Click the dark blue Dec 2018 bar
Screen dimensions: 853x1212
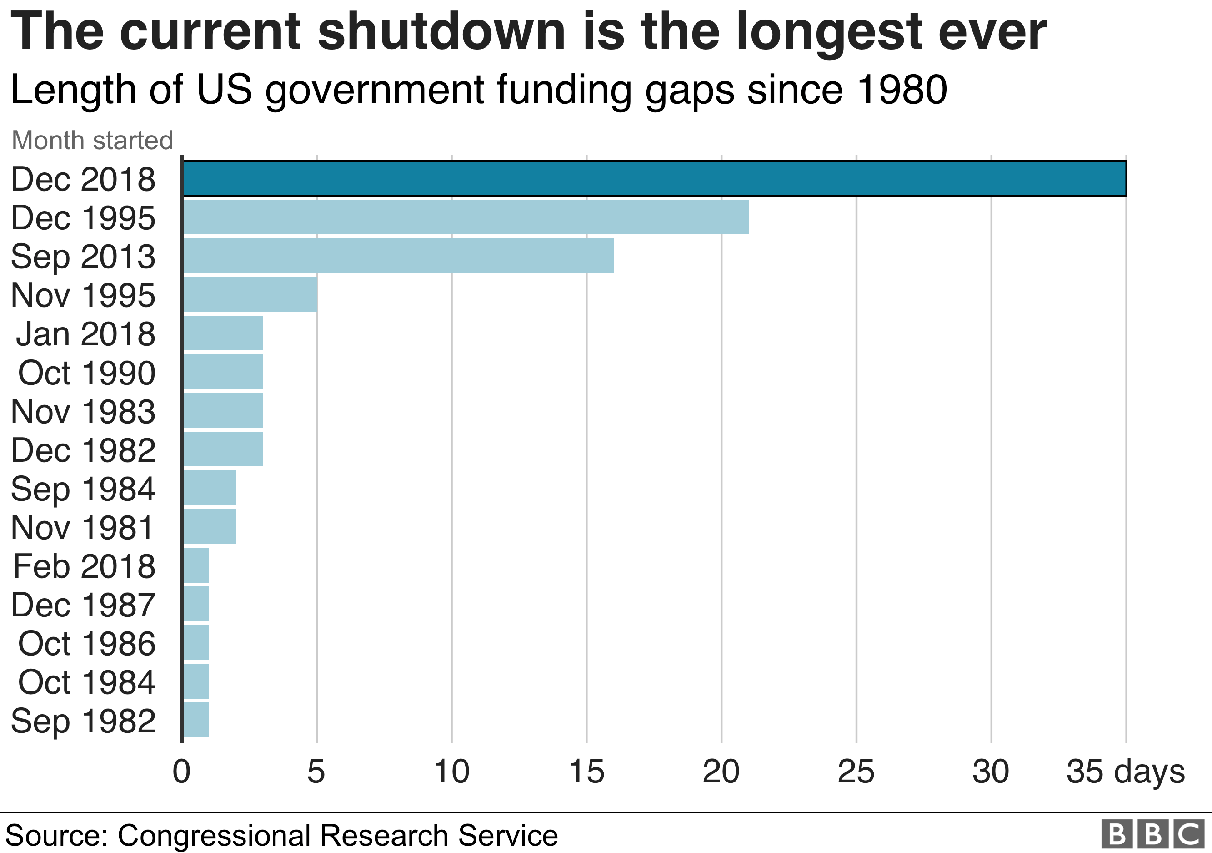[655, 178]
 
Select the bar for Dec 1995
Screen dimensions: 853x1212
[466, 217]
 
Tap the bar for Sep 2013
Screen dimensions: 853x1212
[398, 256]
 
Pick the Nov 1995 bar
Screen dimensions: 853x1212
[250, 294]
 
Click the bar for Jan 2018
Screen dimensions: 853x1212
[223, 333]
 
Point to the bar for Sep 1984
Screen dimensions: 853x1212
[210, 488]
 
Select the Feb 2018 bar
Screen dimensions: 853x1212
[196, 565]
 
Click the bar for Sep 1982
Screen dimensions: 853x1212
[196, 720]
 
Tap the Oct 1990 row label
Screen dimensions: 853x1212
[86, 373]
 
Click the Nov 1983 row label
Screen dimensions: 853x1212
[83, 411]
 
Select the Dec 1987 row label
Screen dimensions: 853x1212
[83, 605]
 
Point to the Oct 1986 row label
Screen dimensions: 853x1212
[86, 643]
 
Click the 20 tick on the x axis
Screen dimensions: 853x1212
[721, 772]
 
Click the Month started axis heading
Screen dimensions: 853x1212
[92, 141]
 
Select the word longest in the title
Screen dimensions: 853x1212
[829, 33]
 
